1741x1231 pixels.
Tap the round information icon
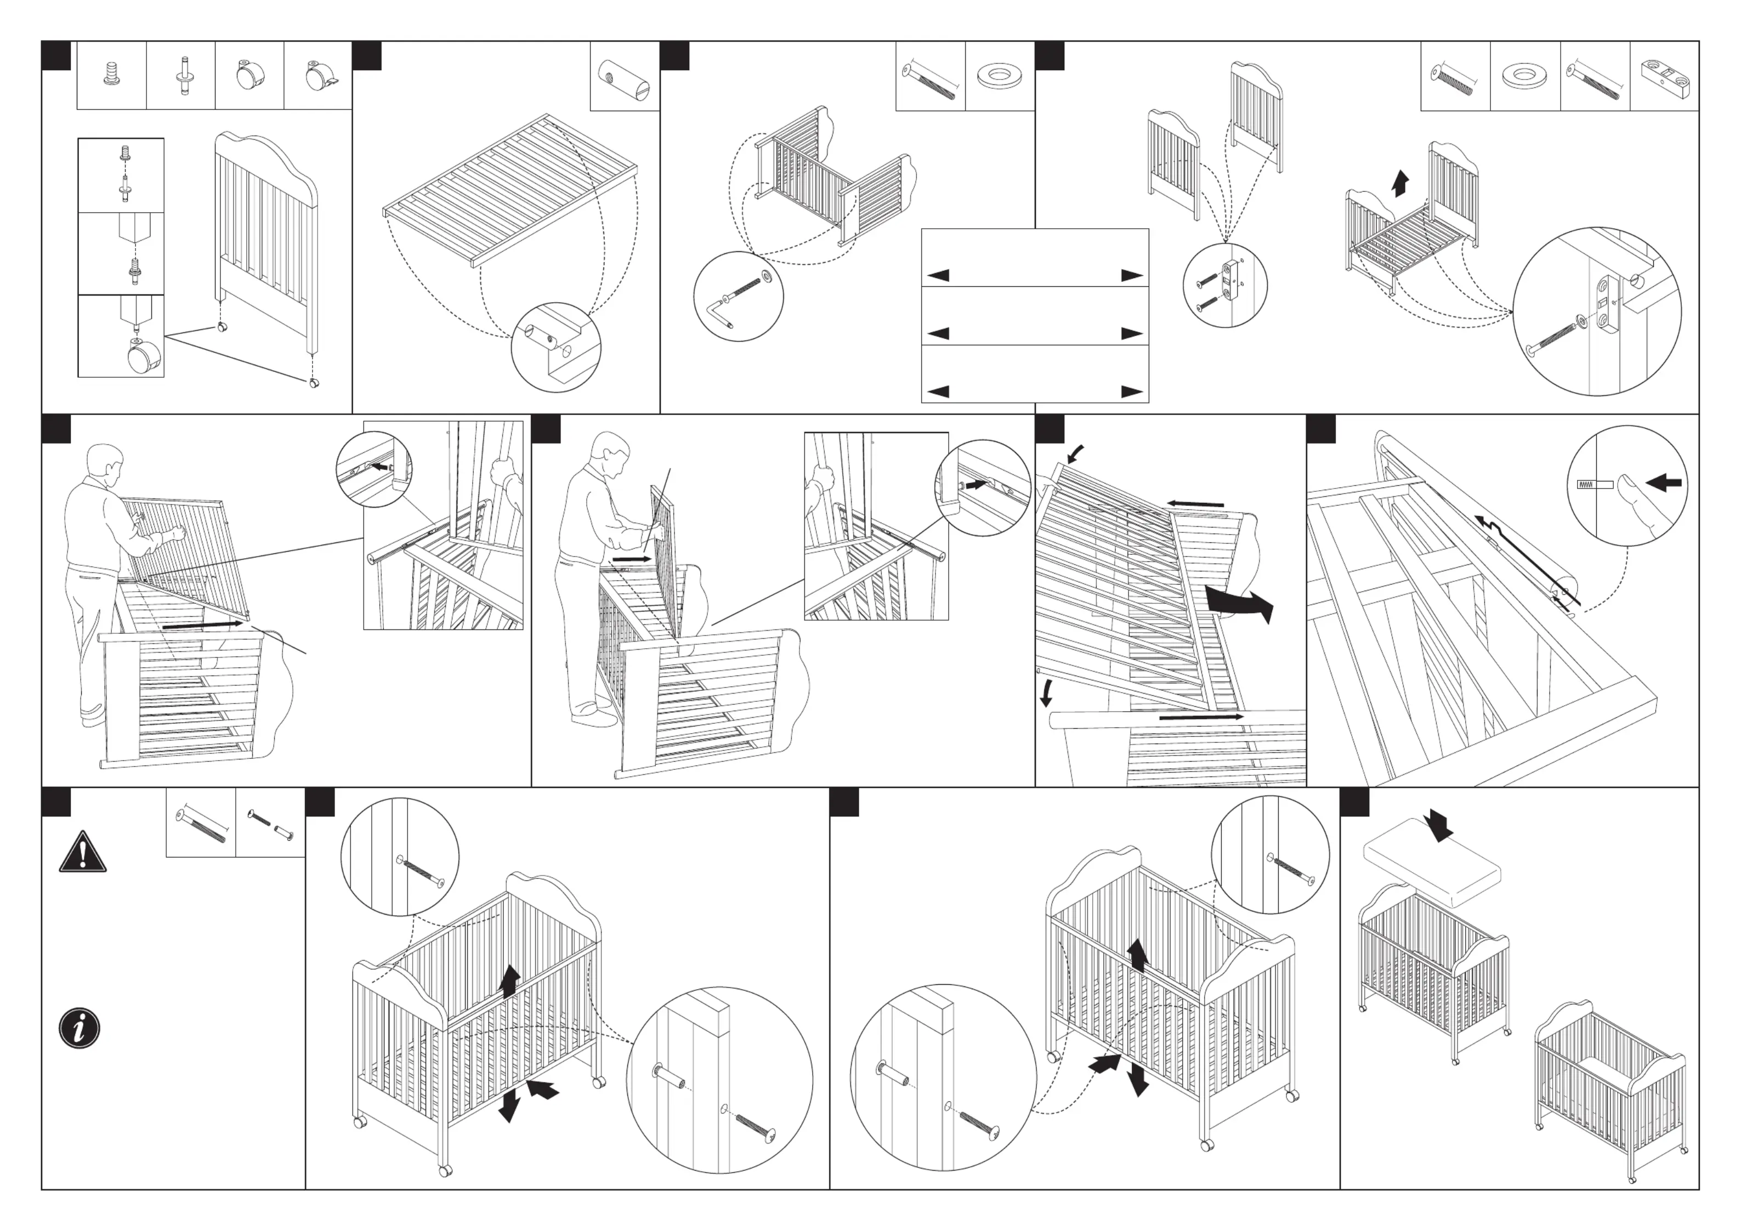pos(80,1029)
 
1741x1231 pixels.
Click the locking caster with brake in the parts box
pos(319,76)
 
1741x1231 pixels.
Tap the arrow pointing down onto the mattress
pos(1438,825)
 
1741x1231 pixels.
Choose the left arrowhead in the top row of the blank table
pos(938,275)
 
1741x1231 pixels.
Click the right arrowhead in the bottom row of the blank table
pos(1132,392)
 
